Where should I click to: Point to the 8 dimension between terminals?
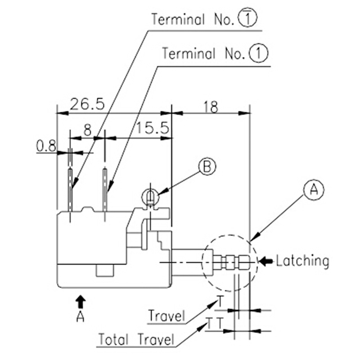[87, 130]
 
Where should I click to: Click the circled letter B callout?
[207, 166]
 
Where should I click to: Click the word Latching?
[302, 261]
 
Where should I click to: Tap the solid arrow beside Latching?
[267, 261]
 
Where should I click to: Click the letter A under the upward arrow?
[81, 317]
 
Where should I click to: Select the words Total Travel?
[136, 338]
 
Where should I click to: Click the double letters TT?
[214, 323]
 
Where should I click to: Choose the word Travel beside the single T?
[166, 315]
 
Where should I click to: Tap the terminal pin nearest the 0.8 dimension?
[70, 189]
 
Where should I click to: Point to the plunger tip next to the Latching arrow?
[244, 261]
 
